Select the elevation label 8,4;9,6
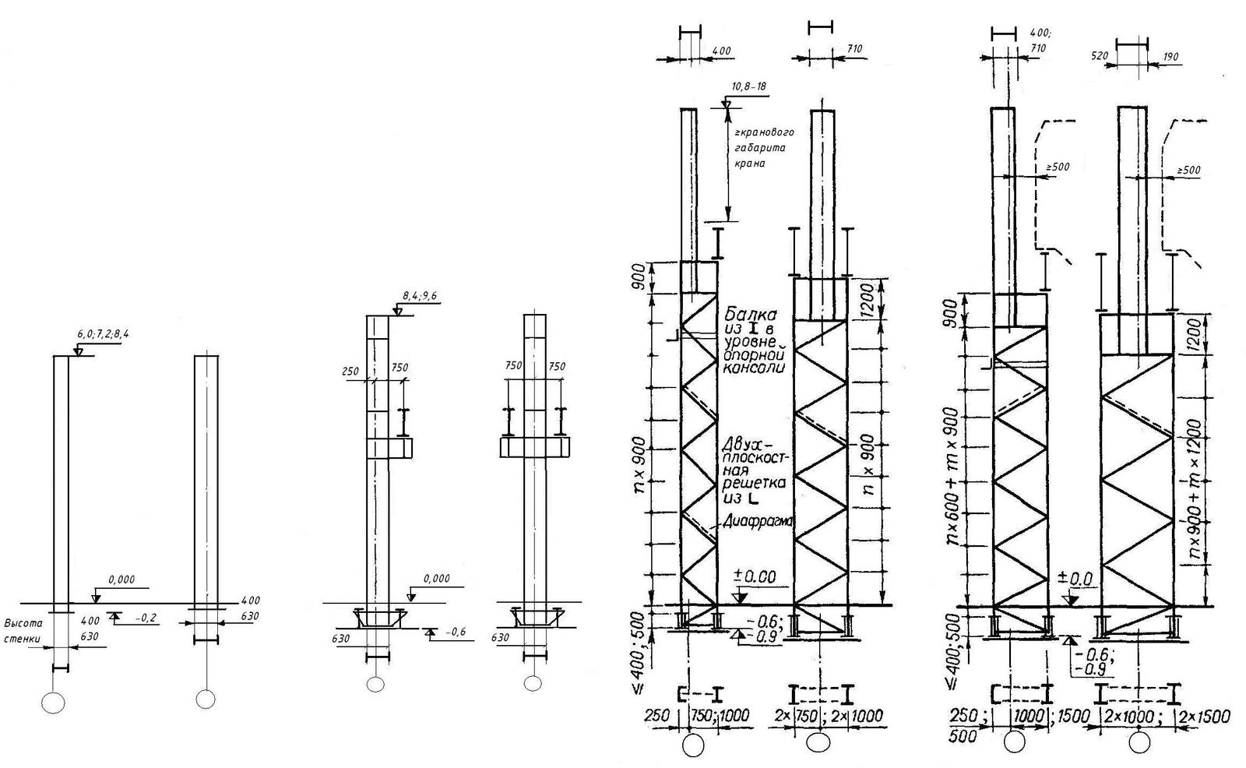coord(421,296)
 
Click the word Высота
coord(22,623)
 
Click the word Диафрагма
coord(755,522)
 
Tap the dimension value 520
coord(1100,56)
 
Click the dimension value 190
coord(1170,56)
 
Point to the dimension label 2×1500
coord(1204,717)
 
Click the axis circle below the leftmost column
coord(53,702)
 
